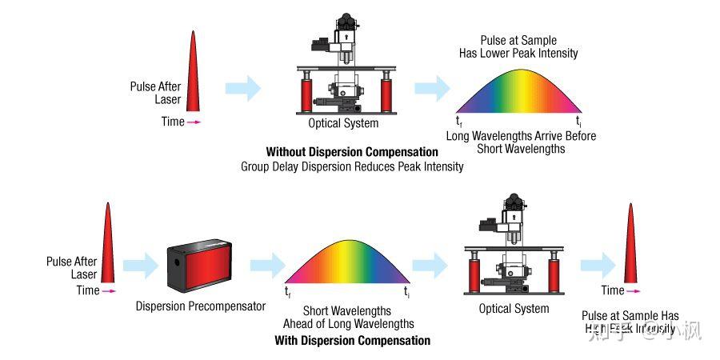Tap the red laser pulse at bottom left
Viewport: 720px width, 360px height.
tap(107, 244)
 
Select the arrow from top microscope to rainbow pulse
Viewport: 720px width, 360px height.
tap(431, 88)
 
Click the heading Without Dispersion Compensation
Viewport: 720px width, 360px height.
tap(352, 152)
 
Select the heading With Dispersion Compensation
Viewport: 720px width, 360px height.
tap(352, 341)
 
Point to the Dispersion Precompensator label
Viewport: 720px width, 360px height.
tap(201, 306)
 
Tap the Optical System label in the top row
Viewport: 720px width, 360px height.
tap(343, 124)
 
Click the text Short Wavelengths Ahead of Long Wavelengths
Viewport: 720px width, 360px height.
tap(348, 318)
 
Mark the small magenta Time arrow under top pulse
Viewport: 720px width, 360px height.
tap(194, 122)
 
